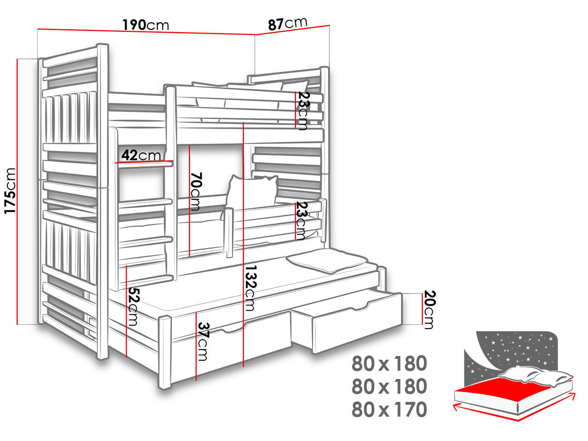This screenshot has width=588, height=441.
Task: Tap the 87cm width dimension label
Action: click(288, 23)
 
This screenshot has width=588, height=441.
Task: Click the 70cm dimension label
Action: click(196, 191)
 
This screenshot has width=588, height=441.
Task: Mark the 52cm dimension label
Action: click(133, 306)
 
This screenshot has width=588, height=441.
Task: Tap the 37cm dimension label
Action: click(203, 341)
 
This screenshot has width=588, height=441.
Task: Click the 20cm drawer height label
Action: click(429, 310)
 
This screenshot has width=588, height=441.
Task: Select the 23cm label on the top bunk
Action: click(303, 111)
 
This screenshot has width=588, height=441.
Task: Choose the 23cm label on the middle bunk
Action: click(301, 220)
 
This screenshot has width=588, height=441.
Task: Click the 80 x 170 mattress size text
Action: click(390, 409)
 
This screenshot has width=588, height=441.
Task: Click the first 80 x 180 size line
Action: click(390, 364)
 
